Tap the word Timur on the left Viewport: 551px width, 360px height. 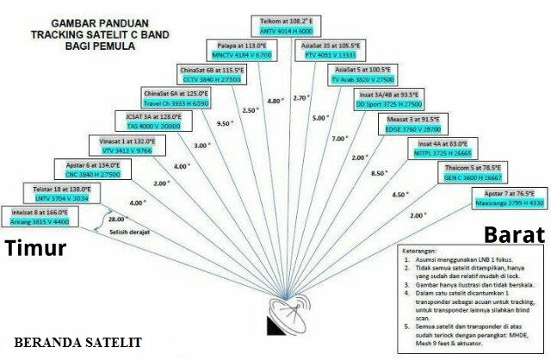[x=36, y=249]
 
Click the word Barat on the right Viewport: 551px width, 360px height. [x=513, y=235]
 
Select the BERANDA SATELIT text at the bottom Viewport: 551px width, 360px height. [x=77, y=342]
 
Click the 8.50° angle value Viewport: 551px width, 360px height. [x=378, y=173]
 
